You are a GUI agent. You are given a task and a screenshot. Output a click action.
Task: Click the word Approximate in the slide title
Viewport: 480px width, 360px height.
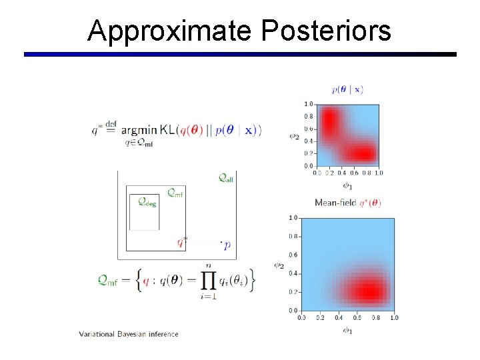(x=169, y=31)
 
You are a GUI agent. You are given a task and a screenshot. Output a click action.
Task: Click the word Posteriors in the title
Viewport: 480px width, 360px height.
(x=326, y=31)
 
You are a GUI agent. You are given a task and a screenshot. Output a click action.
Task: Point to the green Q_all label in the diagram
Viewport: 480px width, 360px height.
(x=226, y=178)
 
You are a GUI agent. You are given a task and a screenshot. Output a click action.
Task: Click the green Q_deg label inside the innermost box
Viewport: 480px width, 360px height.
(x=147, y=201)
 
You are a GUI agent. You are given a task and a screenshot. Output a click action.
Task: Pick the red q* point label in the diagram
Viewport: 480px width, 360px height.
(x=182, y=242)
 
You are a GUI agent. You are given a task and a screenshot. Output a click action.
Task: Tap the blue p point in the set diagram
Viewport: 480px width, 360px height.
(x=227, y=245)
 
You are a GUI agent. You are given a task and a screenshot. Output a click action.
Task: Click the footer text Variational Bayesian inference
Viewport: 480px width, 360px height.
(x=129, y=334)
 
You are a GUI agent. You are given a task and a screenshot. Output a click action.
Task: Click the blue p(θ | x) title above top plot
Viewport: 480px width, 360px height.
(x=347, y=89)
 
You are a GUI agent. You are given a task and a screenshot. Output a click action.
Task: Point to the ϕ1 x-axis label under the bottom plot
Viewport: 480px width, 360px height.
(x=347, y=330)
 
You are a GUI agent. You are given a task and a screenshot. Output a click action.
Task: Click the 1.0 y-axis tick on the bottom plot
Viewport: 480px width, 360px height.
(x=293, y=218)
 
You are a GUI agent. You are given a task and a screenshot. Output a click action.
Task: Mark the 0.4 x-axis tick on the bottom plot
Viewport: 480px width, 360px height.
(x=339, y=318)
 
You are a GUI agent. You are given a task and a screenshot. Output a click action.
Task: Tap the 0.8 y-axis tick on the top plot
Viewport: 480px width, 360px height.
(x=308, y=117)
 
